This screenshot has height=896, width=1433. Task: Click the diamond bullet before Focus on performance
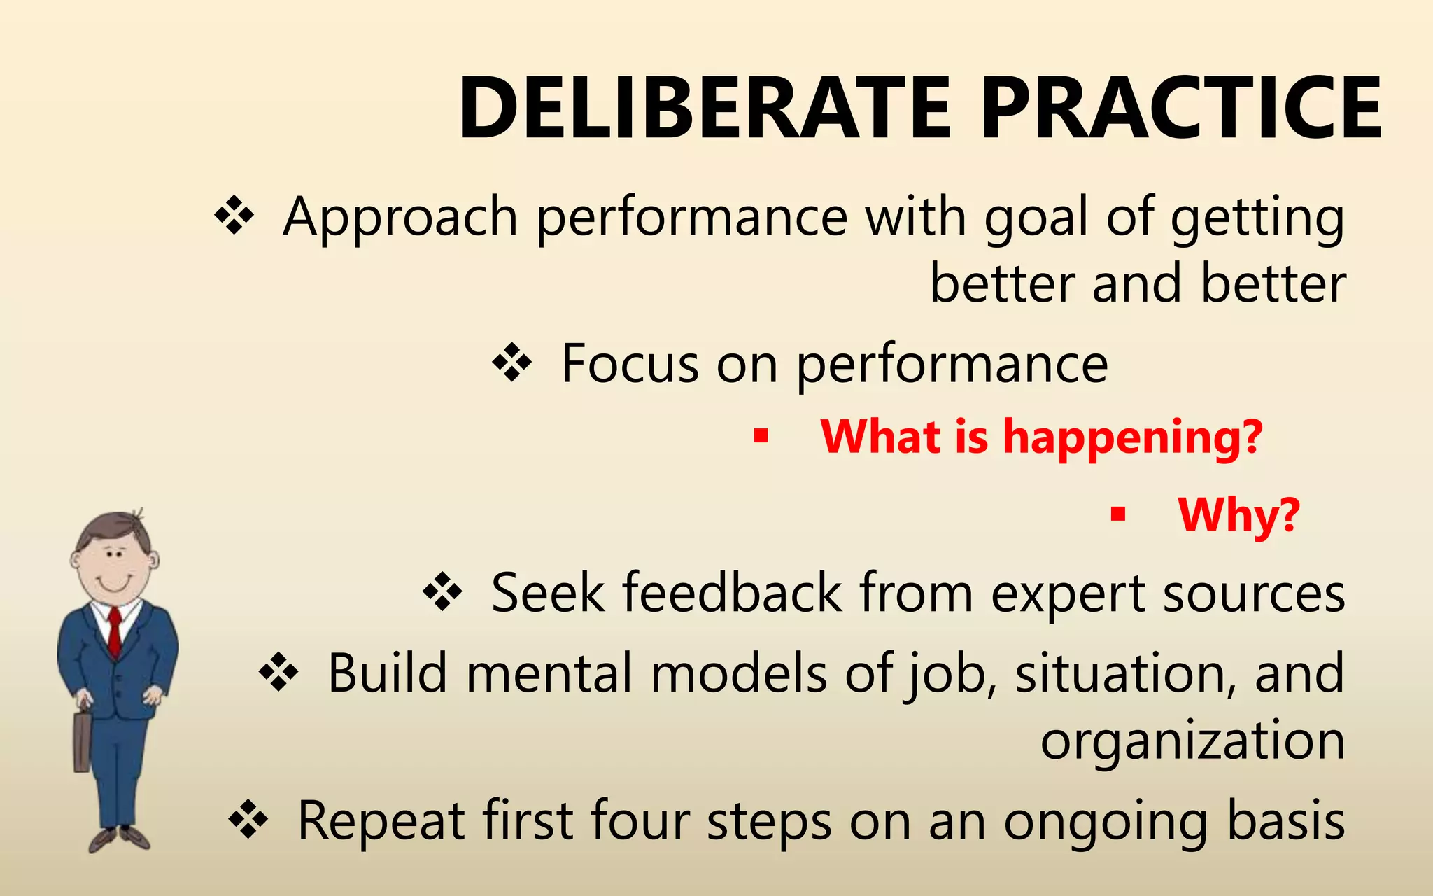pyautogui.click(x=512, y=363)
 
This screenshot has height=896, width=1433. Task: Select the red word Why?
pyautogui.click(x=1238, y=516)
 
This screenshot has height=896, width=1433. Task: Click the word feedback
pyautogui.click(x=732, y=593)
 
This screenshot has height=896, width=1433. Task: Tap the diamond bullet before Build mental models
pyautogui.click(x=278, y=673)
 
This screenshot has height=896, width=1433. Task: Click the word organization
pyautogui.click(x=1192, y=741)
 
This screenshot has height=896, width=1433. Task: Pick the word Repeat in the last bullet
pyautogui.click(x=381, y=820)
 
